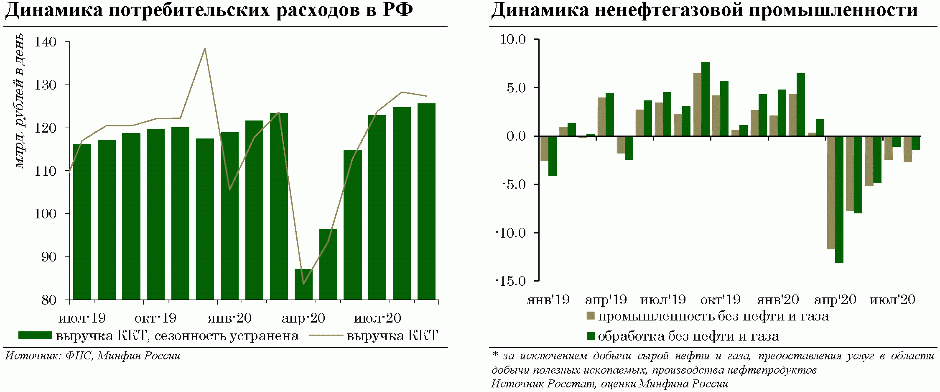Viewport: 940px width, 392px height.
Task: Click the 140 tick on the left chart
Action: click(x=46, y=42)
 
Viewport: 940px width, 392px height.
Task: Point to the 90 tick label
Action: click(x=48, y=257)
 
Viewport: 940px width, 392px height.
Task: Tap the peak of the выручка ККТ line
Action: click(x=204, y=49)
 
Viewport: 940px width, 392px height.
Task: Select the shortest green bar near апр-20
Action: click(x=303, y=284)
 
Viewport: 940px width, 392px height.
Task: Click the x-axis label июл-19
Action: click(x=82, y=318)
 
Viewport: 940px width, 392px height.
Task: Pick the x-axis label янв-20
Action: click(x=229, y=318)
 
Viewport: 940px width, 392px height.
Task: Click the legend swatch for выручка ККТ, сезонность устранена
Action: click(x=35, y=336)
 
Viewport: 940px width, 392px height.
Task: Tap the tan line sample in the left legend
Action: click(x=326, y=336)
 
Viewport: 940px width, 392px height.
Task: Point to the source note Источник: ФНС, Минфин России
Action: click(x=93, y=356)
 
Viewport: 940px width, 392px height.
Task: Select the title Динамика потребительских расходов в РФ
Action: click(x=209, y=10)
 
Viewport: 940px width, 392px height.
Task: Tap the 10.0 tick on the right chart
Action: click(x=513, y=40)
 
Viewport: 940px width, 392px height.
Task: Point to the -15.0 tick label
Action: click(x=511, y=281)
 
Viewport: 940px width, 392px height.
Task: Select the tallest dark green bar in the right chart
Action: click(x=706, y=99)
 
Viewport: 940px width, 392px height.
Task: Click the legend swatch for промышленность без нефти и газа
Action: click(x=591, y=316)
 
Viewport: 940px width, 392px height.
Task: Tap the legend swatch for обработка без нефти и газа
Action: click(x=591, y=336)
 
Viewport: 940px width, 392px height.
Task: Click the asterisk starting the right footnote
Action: click(x=495, y=355)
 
